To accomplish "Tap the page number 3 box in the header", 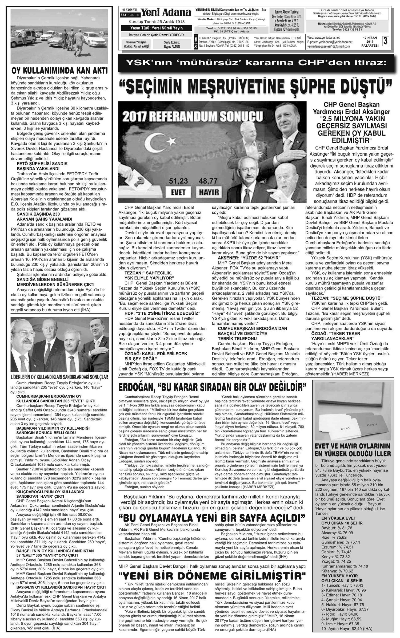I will pos(385,41).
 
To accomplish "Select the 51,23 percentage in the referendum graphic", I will pos(178,181).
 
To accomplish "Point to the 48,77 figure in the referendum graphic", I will pos(208,181).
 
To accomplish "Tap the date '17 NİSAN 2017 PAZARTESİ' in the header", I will pos(370,42).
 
